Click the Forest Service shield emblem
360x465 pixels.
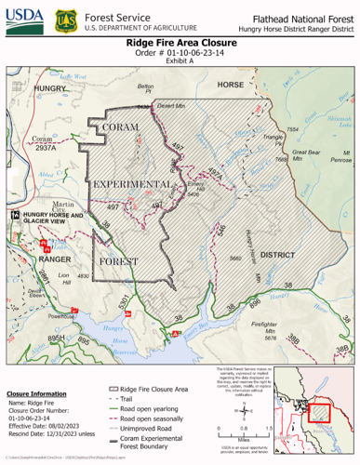[x=64, y=20]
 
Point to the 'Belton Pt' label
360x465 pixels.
[x=144, y=89]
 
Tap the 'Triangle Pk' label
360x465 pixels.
[x=273, y=140]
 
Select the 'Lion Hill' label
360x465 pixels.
[x=64, y=280]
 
